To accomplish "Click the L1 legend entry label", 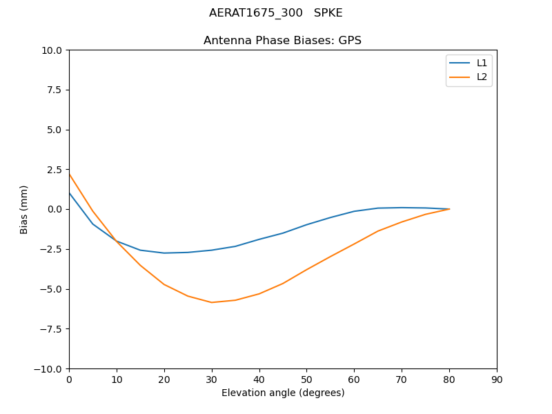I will click(x=482, y=63).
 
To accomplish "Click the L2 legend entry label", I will click(x=482, y=77).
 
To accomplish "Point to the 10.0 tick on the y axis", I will click(x=54, y=50).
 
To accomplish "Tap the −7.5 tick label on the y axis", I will click(x=51, y=328).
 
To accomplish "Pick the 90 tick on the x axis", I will click(x=497, y=379).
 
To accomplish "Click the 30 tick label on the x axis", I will click(x=212, y=379).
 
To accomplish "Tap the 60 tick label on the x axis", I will click(x=354, y=379).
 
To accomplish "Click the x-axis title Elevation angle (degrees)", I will click(x=283, y=393).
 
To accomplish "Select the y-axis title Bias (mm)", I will click(x=24, y=209).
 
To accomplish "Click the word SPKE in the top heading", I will click(x=328, y=13).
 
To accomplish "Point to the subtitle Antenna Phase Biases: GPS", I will click(x=282, y=41).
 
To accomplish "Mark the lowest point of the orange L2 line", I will click(x=212, y=302).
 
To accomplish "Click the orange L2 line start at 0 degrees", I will click(x=69, y=174).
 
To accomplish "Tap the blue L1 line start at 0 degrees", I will click(x=69, y=193).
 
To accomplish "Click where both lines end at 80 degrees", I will click(x=449, y=209).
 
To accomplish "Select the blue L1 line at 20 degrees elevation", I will click(x=164, y=253).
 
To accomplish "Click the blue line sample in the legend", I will click(x=460, y=63).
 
